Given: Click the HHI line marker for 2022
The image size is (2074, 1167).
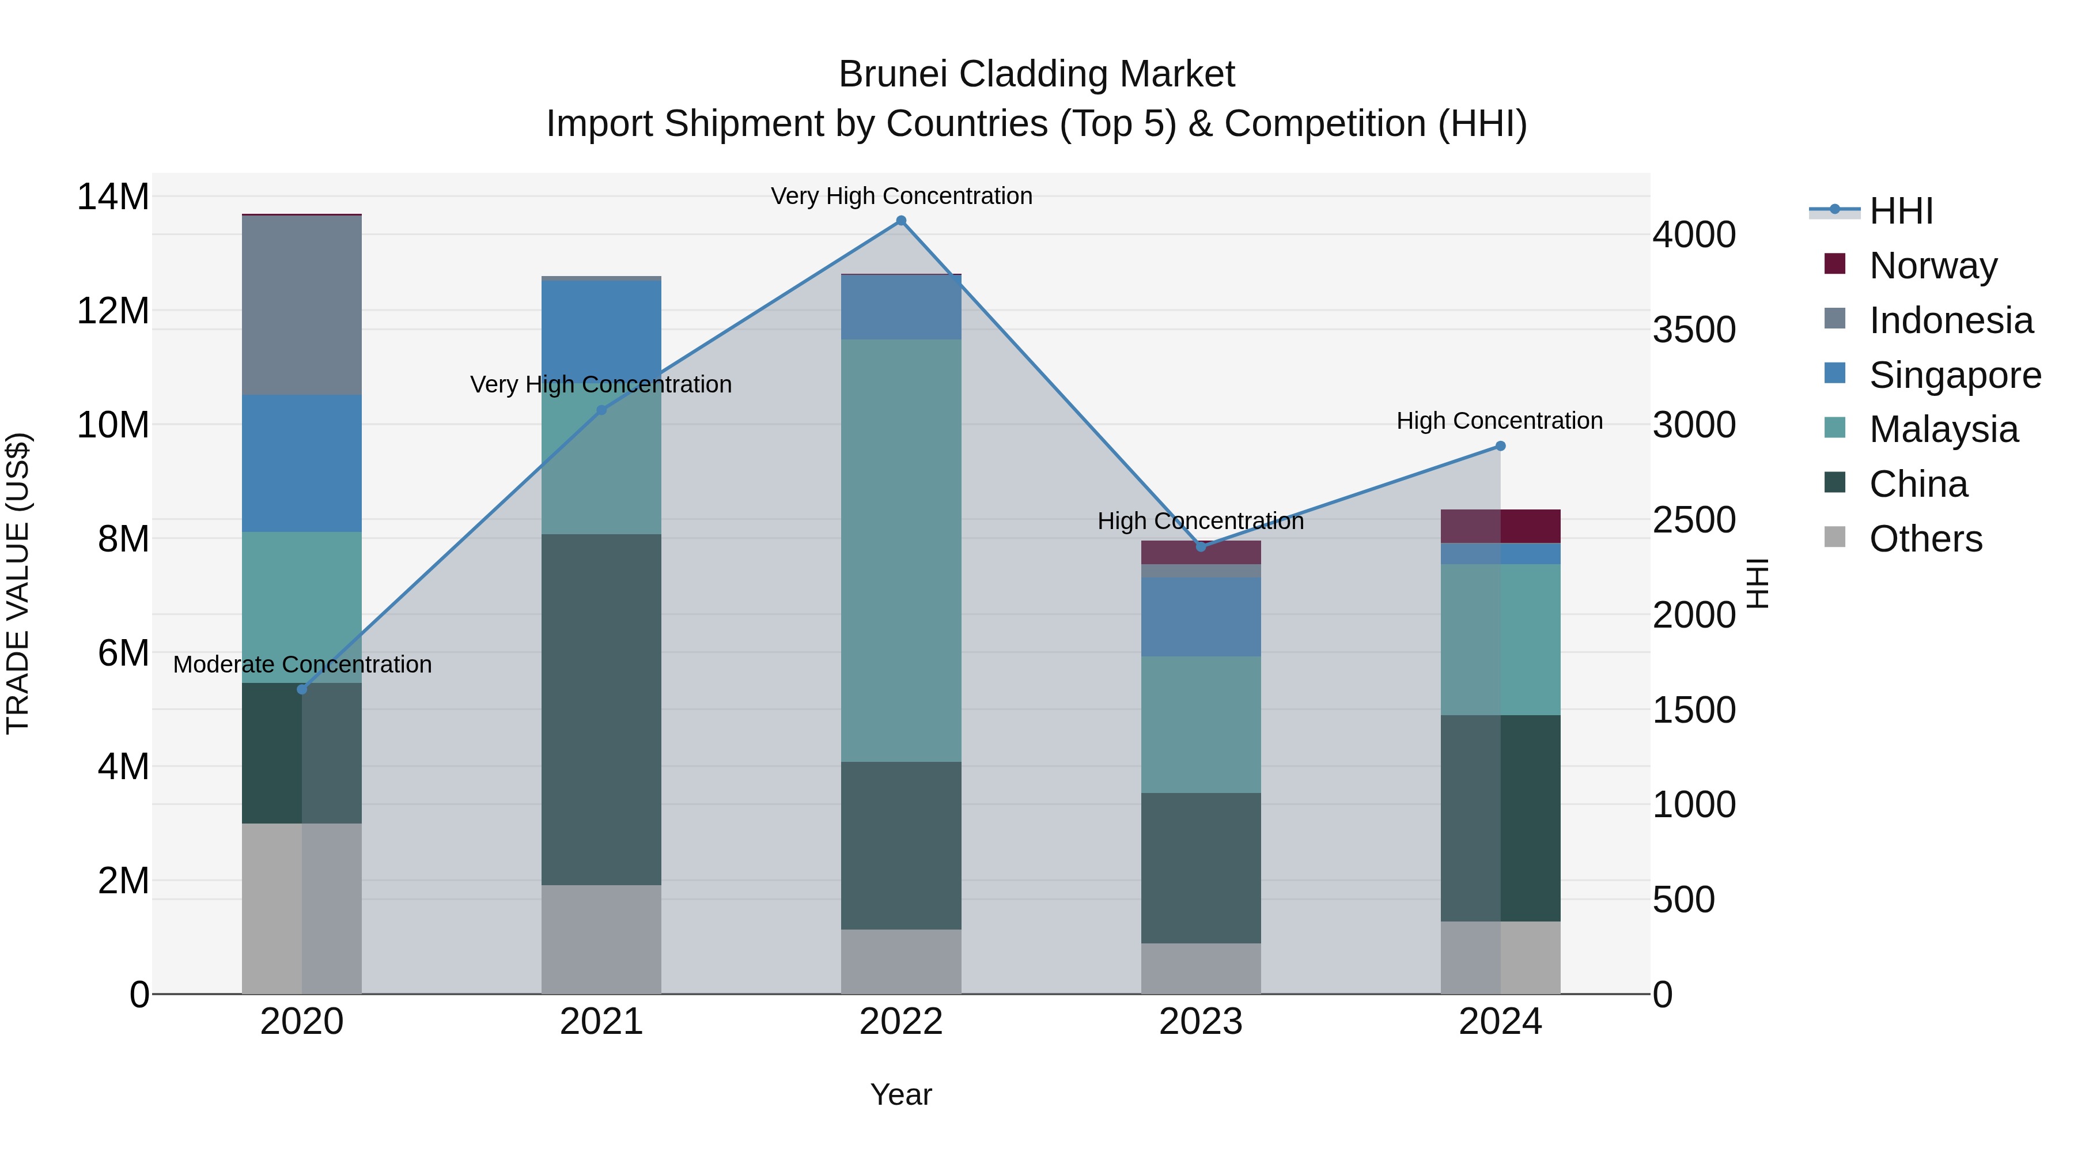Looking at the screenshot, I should tap(901, 221).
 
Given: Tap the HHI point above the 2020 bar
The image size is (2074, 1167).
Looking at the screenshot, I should tap(302, 689).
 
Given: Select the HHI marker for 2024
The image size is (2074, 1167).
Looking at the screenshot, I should tap(1500, 446).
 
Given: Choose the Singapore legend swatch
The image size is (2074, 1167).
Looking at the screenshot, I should tap(1835, 373).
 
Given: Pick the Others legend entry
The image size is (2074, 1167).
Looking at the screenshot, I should tap(1925, 539).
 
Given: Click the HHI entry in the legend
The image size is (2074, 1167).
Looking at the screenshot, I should tap(1900, 211).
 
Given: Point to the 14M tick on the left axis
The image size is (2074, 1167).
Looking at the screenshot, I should tap(113, 197).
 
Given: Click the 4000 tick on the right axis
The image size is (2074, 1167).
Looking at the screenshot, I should tap(1694, 235).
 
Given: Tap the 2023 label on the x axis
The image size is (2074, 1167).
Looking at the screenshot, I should tap(1201, 1022).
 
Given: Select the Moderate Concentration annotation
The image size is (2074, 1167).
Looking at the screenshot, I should tap(302, 664).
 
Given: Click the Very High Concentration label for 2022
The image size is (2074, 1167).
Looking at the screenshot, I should tap(901, 196).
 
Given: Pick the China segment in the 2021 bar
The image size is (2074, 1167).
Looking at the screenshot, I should tap(601, 709).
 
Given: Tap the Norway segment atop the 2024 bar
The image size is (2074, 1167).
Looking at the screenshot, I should tap(1500, 526).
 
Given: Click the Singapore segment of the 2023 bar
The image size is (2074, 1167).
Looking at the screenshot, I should tap(1201, 616).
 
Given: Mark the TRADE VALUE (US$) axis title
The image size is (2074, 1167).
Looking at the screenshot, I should tap(18, 583).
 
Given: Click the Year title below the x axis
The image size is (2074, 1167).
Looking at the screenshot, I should tap(901, 1094).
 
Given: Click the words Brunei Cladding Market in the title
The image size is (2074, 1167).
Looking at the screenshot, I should tap(1036, 74).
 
